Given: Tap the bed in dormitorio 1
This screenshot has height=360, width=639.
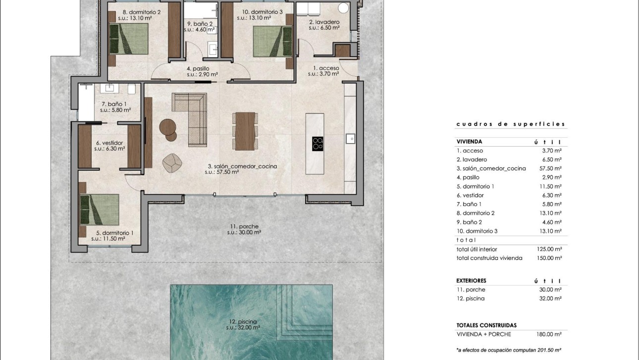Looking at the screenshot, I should point(100,210).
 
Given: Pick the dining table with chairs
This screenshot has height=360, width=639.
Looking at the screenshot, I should point(245,131).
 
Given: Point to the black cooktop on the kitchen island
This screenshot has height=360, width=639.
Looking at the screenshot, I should point(318,144).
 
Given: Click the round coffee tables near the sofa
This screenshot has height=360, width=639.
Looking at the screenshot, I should point(168,129).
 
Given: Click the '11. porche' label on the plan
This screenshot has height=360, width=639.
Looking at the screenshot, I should point(244,229).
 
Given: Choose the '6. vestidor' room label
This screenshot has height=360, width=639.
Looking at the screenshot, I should point(109,146).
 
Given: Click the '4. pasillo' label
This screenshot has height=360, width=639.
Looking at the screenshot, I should point(198,71).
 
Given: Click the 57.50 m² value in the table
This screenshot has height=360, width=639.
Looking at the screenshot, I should point(551,168).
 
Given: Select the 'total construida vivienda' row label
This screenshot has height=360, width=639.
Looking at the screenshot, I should point(489,258).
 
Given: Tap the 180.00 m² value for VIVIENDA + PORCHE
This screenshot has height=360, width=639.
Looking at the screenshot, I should point(551,334).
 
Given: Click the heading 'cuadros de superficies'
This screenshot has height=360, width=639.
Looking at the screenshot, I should point(510,124).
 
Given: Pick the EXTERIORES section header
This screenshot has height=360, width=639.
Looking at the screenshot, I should point(471,280).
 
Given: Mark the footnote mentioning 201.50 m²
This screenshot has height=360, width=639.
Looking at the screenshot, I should point(509,350).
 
